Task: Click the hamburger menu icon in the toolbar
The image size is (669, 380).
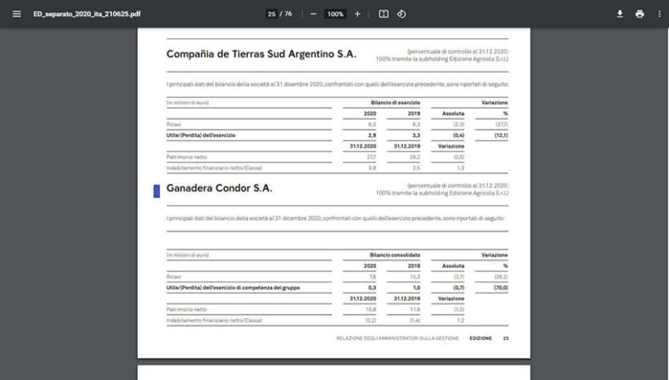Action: click(16, 14)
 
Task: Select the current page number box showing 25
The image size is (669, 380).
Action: click(272, 14)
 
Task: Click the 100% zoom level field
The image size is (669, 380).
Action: click(334, 14)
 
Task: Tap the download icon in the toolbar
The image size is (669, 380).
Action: click(619, 14)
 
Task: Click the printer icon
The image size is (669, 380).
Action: click(640, 14)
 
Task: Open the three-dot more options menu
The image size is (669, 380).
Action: click(658, 14)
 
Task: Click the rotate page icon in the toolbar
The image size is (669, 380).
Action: click(401, 14)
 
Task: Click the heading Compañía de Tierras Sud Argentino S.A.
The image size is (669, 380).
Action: click(261, 54)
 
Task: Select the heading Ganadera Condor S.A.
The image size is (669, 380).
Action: click(219, 188)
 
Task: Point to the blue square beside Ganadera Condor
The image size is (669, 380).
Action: click(157, 191)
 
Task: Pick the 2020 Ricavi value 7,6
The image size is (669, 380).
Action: click(372, 277)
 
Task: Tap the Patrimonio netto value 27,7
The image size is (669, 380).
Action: click(370, 156)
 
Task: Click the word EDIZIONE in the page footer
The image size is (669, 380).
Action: click(481, 338)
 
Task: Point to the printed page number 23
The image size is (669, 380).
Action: click(506, 338)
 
